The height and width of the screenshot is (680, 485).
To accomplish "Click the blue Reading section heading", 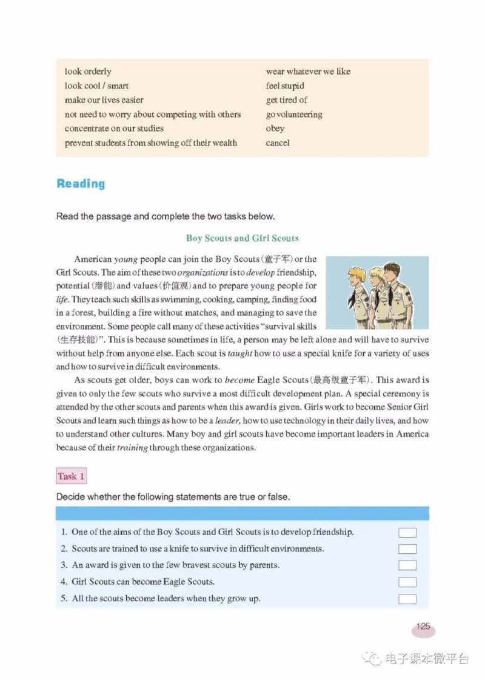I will click(x=80, y=184).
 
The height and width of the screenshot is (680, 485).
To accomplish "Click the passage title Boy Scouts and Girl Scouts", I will click(x=242, y=238).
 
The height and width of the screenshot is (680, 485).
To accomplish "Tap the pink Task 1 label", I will click(x=72, y=476).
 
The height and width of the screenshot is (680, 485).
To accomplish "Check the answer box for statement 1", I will click(x=407, y=533).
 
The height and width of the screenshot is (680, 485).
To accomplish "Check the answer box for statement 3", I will click(x=407, y=565).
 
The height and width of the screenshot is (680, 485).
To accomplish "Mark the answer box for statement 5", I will click(x=407, y=599).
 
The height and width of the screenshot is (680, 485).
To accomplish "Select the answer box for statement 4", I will click(x=407, y=582).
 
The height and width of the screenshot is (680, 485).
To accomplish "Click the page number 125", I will click(x=423, y=627).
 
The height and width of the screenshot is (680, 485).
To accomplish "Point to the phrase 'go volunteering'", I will click(x=294, y=115).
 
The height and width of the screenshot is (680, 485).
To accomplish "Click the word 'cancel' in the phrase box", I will click(x=278, y=143).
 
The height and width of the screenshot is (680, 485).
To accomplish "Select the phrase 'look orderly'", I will click(x=88, y=72).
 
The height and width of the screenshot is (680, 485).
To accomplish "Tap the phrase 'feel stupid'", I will click(x=285, y=86).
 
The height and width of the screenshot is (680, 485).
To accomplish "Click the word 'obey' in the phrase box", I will click(x=275, y=128).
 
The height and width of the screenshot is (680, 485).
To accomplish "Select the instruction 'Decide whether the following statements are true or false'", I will click(x=173, y=497).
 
